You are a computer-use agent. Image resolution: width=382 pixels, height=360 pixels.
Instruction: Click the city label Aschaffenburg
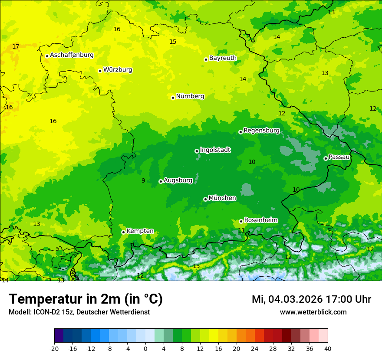point(72,55)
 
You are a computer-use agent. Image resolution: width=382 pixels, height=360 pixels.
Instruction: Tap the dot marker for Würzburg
point(100,71)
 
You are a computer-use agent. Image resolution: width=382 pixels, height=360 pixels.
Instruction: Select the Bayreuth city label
point(223,58)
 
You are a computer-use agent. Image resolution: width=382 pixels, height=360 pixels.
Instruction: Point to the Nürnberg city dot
point(173,98)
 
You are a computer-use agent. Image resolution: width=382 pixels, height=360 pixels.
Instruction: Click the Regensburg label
point(261,131)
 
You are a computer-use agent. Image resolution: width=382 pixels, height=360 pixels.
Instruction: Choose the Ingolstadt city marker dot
point(197,151)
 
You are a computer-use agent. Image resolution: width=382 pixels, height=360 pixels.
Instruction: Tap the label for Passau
point(339,157)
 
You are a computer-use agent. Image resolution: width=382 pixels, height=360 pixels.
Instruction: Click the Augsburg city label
point(178,180)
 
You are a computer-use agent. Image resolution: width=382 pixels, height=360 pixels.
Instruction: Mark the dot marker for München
point(205,199)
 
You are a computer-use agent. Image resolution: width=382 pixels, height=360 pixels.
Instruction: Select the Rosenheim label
point(260,220)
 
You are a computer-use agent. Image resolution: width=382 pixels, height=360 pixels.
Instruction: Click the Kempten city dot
point(123,232)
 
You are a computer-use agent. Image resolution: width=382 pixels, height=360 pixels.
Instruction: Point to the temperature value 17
point(16,46)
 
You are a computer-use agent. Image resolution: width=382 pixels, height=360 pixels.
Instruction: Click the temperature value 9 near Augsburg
point(143,180)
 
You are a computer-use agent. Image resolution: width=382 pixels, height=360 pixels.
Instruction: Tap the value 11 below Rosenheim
point(241,230)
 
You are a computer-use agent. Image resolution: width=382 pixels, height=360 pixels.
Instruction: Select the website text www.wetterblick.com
point(313,312)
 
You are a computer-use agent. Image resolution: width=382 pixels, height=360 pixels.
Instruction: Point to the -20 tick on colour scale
point(54,348)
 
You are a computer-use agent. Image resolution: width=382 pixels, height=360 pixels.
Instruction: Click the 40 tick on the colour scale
point(328,348)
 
